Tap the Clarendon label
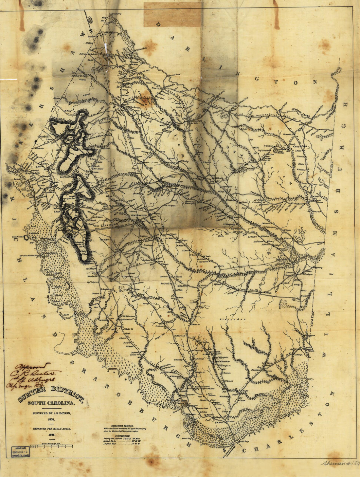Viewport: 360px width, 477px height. coord(231,319)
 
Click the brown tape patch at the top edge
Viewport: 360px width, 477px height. coord(172,15)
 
